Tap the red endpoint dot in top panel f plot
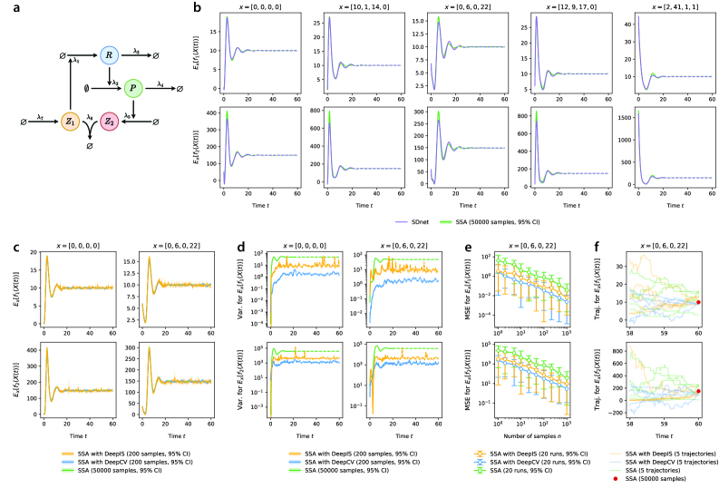click(698, 302)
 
